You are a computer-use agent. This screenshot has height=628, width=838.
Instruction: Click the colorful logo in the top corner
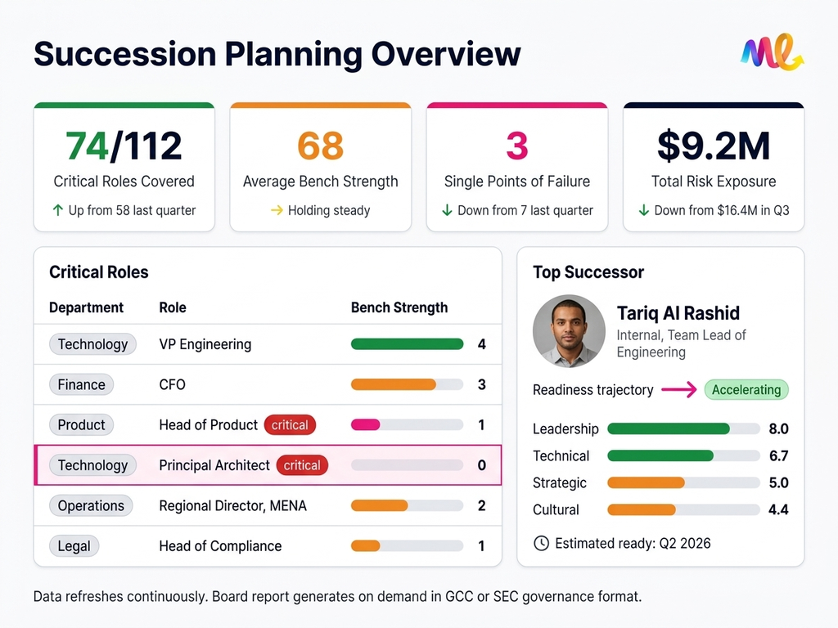click(x=772, y=53)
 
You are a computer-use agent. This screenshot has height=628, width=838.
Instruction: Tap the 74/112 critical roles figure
click(x=124, y=146)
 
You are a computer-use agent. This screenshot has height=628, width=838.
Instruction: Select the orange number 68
click(x=320, y=146)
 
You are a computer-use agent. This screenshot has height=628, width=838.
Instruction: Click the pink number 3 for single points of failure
click(x=516, y=146)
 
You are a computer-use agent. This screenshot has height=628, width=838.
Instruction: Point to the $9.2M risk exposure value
click(x=714, y=146)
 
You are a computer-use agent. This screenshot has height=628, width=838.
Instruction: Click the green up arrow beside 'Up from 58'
click(x=57, y=210)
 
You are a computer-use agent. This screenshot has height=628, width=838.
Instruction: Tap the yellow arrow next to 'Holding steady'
click(x=277, y=210)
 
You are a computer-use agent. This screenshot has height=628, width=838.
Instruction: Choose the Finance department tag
click(x=82, y=384)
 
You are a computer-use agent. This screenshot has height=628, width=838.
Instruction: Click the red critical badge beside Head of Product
click(x=290, y=425)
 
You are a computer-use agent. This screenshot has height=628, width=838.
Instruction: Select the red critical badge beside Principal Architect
click(x=302, y=465)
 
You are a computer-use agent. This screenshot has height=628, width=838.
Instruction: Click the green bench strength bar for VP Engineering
click(x=407, y=344)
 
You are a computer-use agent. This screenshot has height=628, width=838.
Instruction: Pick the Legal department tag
click(x=74, y=546)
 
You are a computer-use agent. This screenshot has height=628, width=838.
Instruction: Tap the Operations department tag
click(x=91, y=505)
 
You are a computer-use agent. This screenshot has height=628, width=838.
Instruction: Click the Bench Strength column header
click(x=399, y=307)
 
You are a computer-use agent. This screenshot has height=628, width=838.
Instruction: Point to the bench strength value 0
click(x=481, y=465)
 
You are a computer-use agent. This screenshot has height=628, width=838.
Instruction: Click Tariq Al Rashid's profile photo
click(x=569, y=330)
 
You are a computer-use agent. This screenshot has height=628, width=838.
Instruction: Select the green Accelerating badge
click(x=746, y=390)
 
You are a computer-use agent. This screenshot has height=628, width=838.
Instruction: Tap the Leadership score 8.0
click(x=779, y=428)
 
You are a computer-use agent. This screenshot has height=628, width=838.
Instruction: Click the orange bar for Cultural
click(x=642, y=509)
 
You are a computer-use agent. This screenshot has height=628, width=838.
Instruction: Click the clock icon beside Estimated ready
click(x=541, y=543)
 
